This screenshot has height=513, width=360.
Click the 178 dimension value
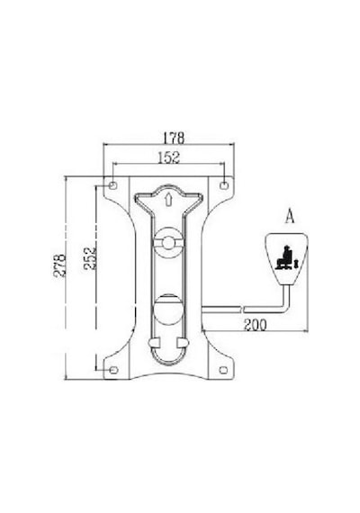click(174, 138)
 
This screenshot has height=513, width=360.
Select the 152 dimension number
click(169, 157)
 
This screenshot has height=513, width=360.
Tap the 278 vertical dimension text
click(60, 265)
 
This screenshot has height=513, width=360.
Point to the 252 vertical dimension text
click(90, 258)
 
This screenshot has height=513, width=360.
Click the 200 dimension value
click(256, 325)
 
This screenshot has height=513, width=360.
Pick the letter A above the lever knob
click(290, 216)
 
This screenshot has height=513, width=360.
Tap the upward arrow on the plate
click(168, 199)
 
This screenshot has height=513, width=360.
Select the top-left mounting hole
click(112, 185)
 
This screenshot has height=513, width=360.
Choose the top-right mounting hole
click(224, 185)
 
